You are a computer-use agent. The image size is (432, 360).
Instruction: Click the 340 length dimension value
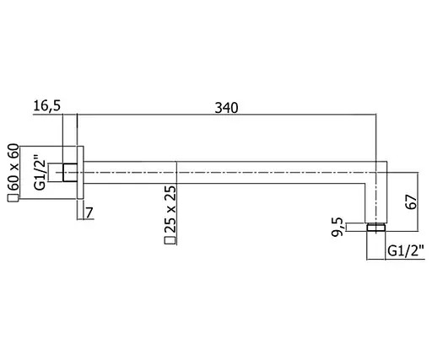(x=226, y=108)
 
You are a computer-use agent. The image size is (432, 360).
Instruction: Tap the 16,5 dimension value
(x=46, y=106)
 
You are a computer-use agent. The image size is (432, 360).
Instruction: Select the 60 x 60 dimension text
(x=13, y=167)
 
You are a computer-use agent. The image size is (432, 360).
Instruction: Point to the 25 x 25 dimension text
(x=170, y=209)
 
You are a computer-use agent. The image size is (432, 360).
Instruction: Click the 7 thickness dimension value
(x=89, y=212)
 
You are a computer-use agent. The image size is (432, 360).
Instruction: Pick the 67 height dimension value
(x=412, y=201)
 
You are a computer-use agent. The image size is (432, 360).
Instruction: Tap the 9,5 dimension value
(x=337, y=227)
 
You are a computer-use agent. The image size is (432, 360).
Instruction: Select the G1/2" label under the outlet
(x=406, y=251)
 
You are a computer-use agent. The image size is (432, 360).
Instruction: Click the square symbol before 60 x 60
(x=13, y=198)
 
